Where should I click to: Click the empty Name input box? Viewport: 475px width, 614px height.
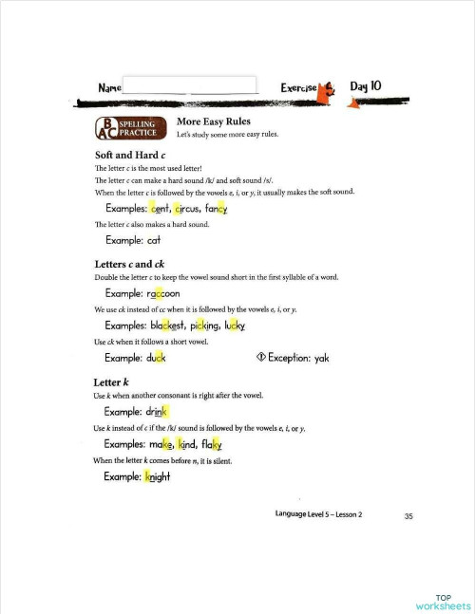190,86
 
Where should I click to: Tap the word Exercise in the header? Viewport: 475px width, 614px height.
302,87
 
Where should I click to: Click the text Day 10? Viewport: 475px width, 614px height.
366,86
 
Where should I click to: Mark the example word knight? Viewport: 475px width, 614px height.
157,476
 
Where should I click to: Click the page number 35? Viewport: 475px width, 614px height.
408,516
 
